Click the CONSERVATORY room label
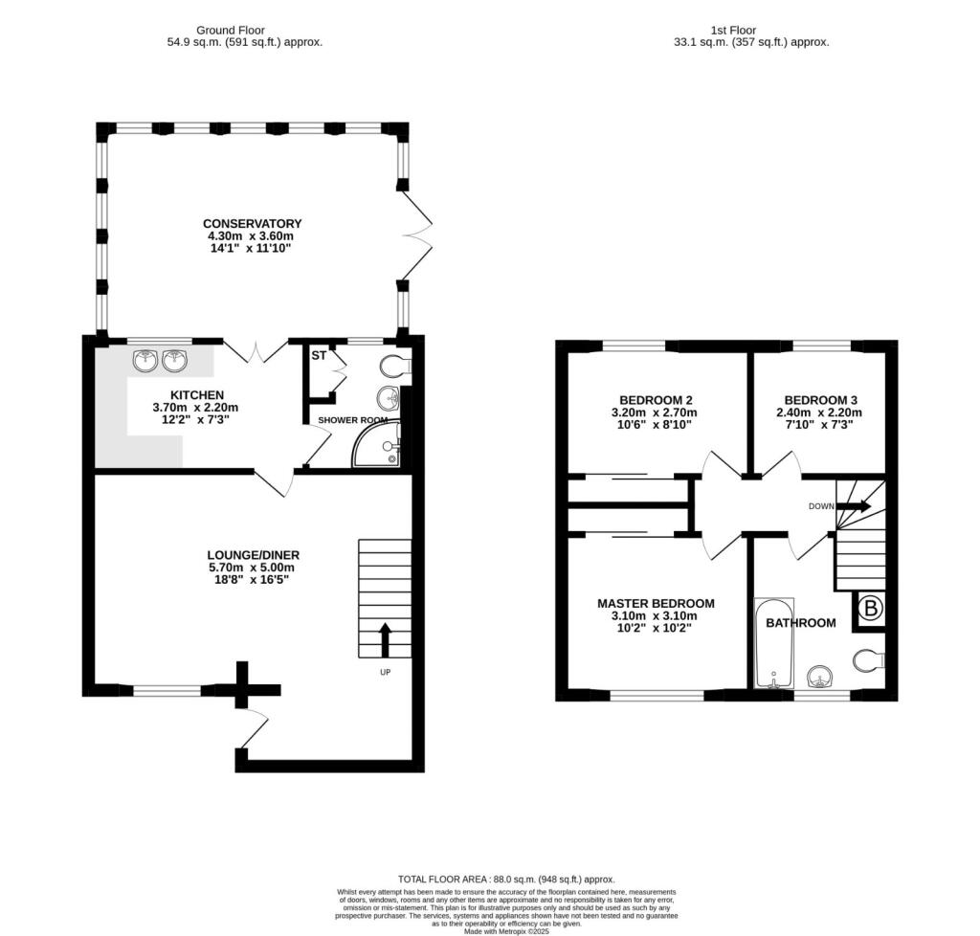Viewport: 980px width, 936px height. (253, 224)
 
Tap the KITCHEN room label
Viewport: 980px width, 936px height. (197, 394)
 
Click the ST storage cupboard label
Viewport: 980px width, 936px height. (319, 355)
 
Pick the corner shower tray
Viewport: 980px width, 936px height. (380, 448)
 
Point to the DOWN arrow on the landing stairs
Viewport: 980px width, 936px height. (853, 506)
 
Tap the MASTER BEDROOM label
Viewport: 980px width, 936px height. (656, 603)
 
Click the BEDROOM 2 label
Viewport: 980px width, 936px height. (656, 400)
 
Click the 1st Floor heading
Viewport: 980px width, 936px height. (734, 30)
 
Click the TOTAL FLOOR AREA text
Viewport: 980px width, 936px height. (505, 879)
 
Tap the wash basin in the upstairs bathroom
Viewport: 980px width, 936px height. (820, 678)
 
